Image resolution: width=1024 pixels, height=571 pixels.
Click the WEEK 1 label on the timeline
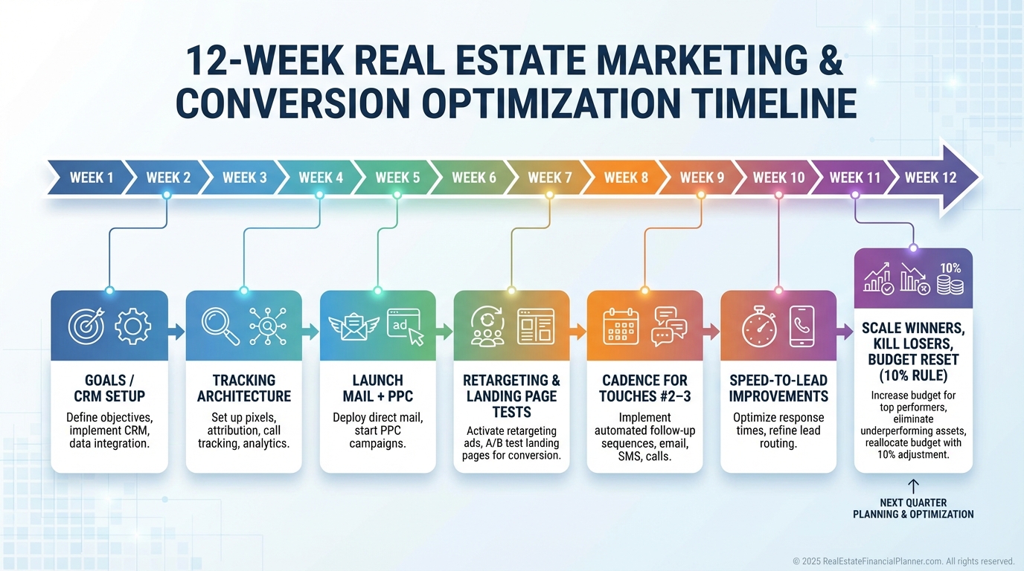[x=92, y=178]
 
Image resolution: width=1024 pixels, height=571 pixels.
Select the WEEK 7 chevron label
[x=550, y=178]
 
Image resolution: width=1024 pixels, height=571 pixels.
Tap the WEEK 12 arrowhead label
[x=931, y=178]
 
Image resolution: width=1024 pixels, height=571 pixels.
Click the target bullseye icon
[x=86, y=326]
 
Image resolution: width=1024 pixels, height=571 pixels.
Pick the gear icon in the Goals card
[x=132, y=326]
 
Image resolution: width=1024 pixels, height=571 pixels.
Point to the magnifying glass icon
[x=220, y=326]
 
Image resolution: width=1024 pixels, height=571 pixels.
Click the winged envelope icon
[x=353, y=326]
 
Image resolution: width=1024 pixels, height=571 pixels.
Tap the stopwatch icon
[x=759, y=326]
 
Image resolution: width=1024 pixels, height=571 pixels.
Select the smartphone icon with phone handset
[x=801, y=326]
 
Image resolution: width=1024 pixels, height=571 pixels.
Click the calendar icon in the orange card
[x=621, y=326]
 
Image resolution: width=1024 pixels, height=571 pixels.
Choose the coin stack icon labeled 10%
[x=950, y=280]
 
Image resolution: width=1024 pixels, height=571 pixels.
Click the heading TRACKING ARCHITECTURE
[x=243, y=388]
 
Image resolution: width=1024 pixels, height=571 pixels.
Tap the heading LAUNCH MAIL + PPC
[x=377, y=388]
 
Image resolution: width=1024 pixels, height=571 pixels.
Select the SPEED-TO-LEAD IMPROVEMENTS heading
[x=778, y=388]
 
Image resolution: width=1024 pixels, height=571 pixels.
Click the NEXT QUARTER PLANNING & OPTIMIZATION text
[x=913, y=509]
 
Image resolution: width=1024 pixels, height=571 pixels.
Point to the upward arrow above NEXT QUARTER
[x=913, y=486]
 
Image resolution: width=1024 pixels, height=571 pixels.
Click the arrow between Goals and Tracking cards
[x=176, y=332]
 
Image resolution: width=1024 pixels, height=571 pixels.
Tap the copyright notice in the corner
[x=903, y=561]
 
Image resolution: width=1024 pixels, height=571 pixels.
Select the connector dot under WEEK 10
[x=778, y=195]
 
